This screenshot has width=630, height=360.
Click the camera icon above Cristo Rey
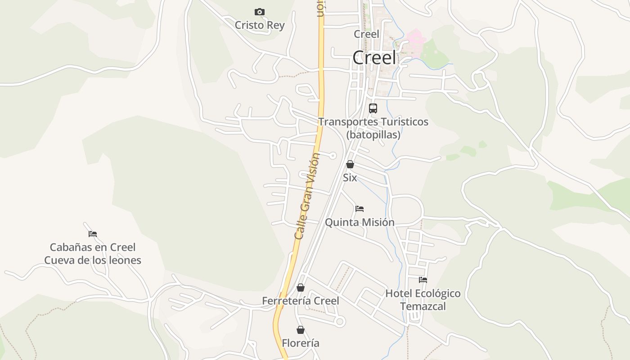[260, 12]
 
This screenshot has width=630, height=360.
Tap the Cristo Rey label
[260, 25]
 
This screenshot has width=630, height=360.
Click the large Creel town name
[374, 58]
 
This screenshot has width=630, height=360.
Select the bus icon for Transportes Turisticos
[373, 108]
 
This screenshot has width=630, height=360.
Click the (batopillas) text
[373, 135]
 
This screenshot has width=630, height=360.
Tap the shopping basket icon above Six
[350, 165]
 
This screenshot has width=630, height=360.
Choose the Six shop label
[350, 178]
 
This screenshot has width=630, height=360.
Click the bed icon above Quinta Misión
[360, 209]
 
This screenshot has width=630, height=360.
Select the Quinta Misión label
[360, 222]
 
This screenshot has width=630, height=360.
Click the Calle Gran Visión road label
[307, 196]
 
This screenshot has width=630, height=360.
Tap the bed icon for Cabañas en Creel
[93, 234]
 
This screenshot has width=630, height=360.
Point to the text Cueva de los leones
[93, 260]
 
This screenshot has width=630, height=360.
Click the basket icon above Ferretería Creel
[301, 288]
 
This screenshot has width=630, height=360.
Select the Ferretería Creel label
[301, 301]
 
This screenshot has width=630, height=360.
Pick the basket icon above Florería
[301, 330]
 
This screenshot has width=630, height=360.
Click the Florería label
[301, 343]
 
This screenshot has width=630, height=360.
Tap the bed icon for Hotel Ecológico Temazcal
[423, 280]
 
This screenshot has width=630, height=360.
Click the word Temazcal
[423, 306]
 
